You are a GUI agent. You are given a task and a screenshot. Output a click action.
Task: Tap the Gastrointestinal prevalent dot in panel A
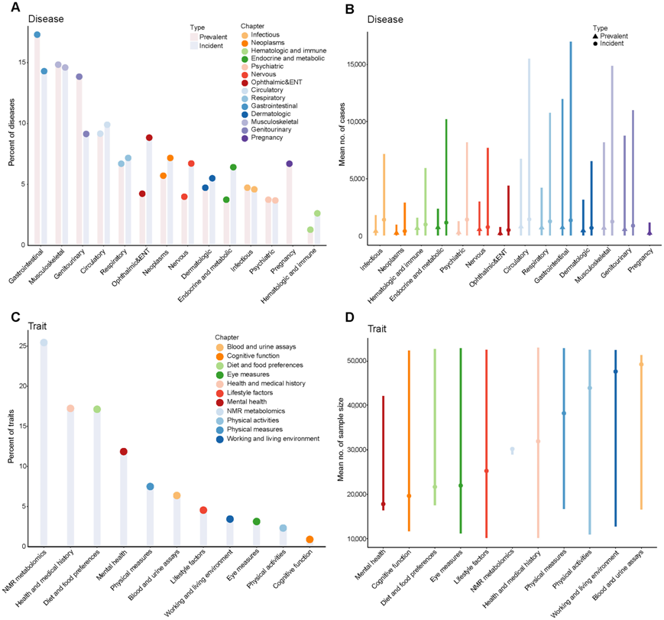(37, 35)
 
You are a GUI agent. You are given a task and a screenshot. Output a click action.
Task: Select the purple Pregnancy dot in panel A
(290, 164)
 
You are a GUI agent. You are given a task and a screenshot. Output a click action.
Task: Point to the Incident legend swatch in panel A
(195, 46)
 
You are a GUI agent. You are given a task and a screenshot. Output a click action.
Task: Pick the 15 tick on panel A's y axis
(24, 63)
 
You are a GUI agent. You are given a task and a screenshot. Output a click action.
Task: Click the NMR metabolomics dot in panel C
(44, 342)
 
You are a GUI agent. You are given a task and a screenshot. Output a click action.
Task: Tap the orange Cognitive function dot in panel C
(309, 540)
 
